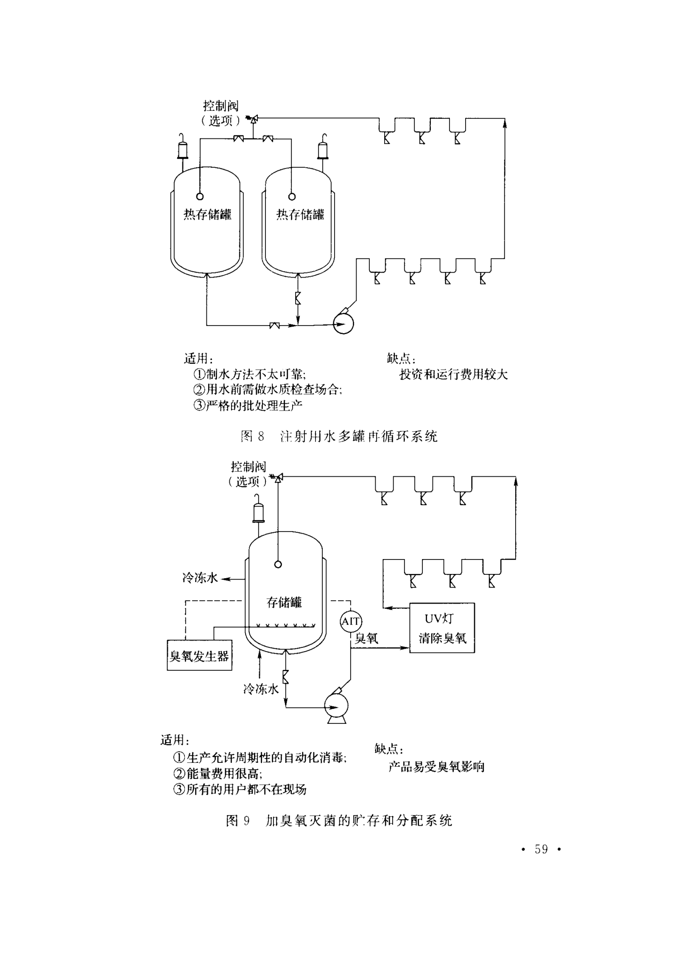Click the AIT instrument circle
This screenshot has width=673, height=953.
click(x=351, y=621)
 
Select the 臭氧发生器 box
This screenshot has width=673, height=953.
click(x=199, y=655)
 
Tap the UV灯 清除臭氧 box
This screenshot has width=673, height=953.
click(x=442, y=628)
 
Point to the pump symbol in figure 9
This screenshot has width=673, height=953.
click(x=336, y=706)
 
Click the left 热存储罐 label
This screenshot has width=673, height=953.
click(x=207, y=214)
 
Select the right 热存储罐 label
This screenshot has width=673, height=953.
click(x=300, y=214)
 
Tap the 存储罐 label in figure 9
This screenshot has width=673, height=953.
click(x=284, y=602)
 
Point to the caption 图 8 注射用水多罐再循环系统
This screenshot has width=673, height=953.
click(x=339, y=436)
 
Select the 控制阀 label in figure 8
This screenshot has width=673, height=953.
click(x=221, y=105)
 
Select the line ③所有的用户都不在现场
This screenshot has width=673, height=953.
click(x=240, y=789)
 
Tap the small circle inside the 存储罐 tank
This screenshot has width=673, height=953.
click(x=278, y=564)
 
